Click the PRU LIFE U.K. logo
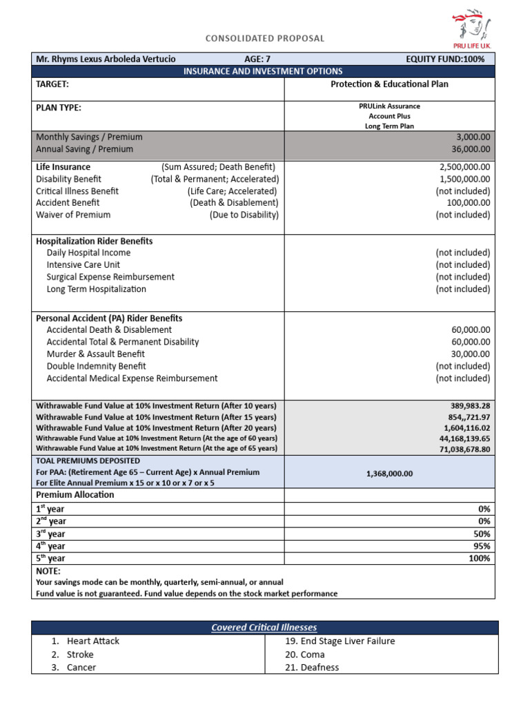click(x=472, y=29)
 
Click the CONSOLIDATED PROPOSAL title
click(x=264, y=39)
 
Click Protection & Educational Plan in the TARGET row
click(x=389, y=84)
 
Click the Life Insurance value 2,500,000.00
click(x=464, y=167)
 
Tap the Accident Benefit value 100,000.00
click(x=468, y=203)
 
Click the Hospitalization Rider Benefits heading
click(x=94, y=241)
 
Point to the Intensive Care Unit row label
click(x=83, y=265)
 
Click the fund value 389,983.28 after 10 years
click(x=470, y=406)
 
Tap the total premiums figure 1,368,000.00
click(x=389, y=474)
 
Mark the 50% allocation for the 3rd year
click(x=482, y=534)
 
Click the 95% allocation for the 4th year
click(x=482, y=546)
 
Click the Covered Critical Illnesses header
click(x=264, y=628)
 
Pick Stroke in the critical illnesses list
click(x=80, y=655)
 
